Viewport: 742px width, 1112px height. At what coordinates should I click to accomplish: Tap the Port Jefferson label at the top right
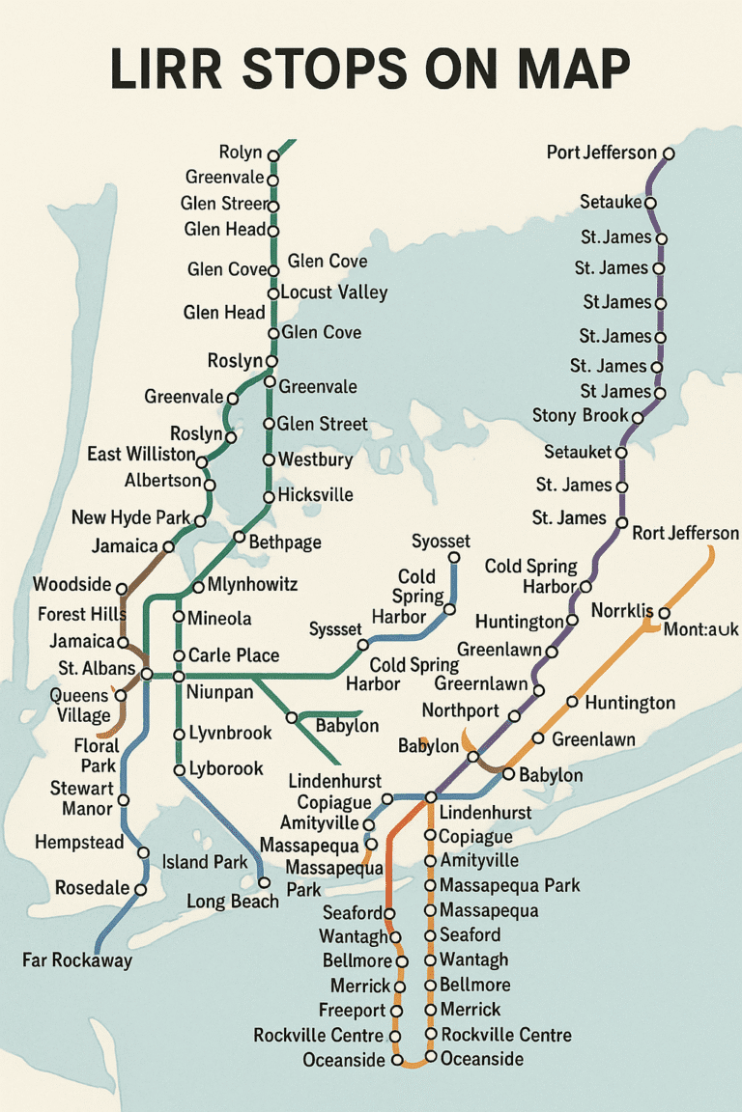point(601,153)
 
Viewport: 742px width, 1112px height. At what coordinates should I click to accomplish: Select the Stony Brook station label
point(581,416)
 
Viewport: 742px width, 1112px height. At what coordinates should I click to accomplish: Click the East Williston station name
point(141,455)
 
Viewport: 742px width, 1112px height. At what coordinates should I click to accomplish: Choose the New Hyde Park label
point(131,518)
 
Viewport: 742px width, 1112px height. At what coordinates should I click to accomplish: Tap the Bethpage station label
point(285,542)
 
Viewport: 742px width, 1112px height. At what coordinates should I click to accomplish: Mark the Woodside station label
point(72,585)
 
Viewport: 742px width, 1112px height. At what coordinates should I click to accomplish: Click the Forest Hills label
point(76,614)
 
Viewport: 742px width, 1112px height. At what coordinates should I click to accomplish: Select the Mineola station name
point(219,619)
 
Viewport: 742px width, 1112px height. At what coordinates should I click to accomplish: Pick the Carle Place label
point(234,655)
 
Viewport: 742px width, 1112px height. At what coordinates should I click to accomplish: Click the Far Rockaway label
point(77,960)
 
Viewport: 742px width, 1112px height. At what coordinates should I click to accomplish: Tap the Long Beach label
point(232,902)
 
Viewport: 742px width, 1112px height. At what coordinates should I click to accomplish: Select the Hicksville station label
point(315,495)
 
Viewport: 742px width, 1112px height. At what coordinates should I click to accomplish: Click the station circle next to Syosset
point(454,558)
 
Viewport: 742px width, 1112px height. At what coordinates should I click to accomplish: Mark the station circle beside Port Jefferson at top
point(669,153)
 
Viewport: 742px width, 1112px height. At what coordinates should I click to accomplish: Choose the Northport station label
point(461,711)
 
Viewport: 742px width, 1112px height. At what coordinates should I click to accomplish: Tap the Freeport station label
point(353,1011)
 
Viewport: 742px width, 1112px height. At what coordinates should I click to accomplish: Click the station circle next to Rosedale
point(141,889)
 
